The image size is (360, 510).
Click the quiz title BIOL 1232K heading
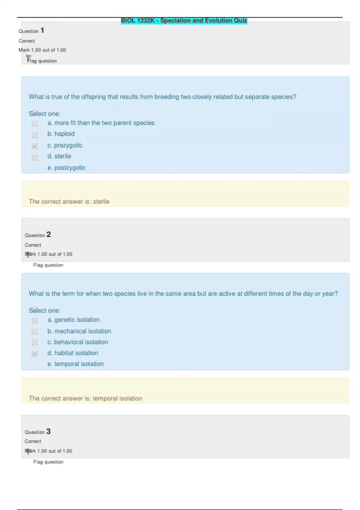[184, 21]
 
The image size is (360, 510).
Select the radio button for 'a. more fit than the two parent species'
[34, 124]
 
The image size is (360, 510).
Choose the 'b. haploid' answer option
[34, 135]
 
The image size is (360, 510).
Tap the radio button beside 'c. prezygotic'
[34, 146]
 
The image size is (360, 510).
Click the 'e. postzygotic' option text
[67, 168]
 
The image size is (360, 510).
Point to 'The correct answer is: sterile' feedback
[69, 202]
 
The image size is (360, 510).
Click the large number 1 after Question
[42, 30]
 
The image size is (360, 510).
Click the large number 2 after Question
[49, 234]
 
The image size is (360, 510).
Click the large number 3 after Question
[48, 431]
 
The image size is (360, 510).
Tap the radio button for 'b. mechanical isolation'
[34, 331]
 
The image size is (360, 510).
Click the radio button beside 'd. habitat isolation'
[34, 354]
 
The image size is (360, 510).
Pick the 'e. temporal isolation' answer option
[76, 364]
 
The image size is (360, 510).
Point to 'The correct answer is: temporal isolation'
[85, 398]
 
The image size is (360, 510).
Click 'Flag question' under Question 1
[42, 61]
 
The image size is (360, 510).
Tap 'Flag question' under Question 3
[48, 462]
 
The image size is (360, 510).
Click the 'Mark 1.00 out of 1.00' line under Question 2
[49, 254]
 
